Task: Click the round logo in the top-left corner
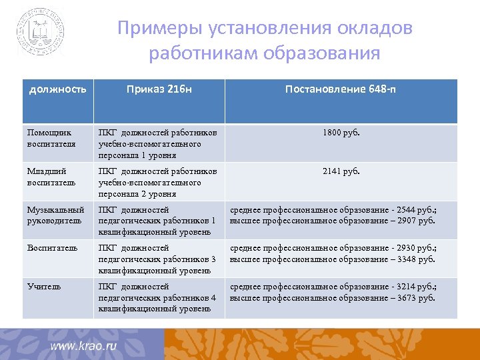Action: [41, 31]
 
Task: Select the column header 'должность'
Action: [57, 89]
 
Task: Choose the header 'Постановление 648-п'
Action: [341, 89]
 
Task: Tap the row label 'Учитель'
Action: [44, 287]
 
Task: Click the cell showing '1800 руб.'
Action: [341, 133]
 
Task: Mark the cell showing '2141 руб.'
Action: [341, 171]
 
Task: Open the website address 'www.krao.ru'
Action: [83, 346]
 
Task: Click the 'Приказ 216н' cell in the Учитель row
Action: [157, 297]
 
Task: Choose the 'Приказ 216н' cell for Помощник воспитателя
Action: [157, 143]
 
